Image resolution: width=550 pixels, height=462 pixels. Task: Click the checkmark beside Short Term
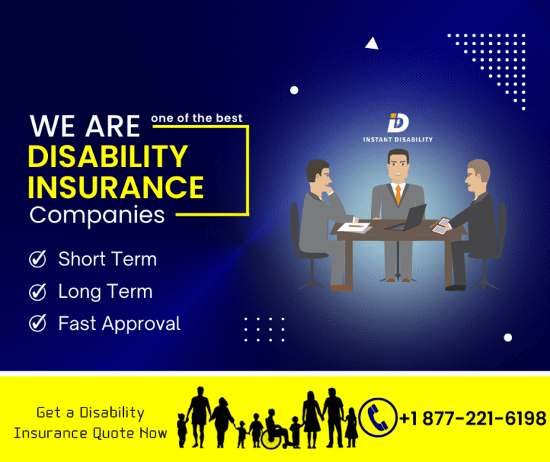tap(37, 259)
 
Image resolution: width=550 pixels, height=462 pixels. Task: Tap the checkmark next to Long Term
tap(37, 291)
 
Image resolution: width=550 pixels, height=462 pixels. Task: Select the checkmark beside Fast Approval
tap(37, 324)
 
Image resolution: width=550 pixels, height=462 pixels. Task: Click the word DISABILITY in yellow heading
tap(107, 156)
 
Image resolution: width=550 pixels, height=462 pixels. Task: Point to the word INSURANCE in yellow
tap(116, 187)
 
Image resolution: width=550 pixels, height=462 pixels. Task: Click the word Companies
tap(97, 214)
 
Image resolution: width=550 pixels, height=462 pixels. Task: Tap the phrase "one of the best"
tap(196, 118)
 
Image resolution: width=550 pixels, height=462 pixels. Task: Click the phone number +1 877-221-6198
tap(473, 418)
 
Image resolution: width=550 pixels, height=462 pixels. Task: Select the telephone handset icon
tap(377, 418)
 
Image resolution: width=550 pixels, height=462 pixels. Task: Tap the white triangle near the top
tap(371, 44)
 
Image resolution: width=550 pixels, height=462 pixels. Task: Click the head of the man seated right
tap(478, 174)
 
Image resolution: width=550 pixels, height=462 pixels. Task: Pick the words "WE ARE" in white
tap(85, 127)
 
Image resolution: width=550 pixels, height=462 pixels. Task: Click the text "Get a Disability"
tap(90, 412)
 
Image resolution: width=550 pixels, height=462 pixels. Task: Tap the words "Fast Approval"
tap(119, 324)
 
